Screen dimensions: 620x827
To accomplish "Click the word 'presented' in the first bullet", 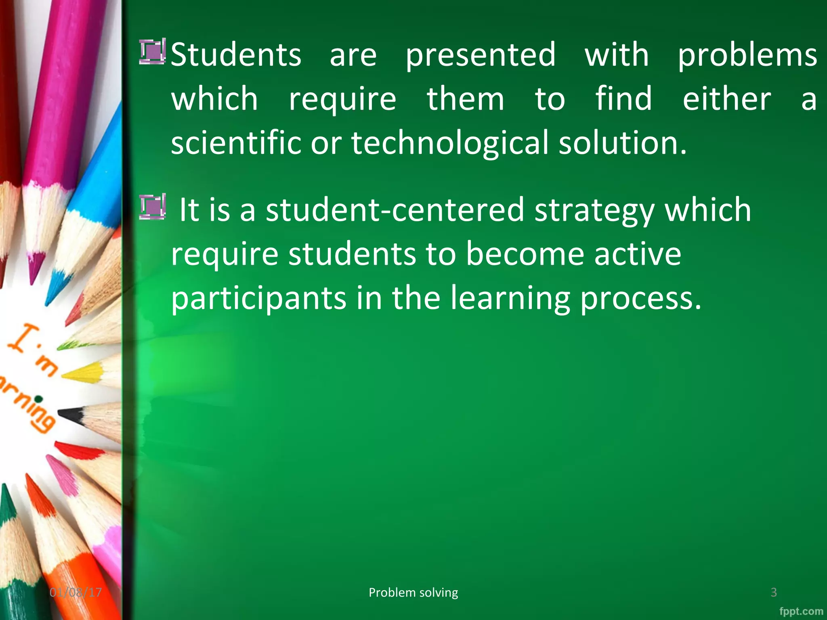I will coord(481,56).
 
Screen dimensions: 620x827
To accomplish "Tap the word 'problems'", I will coord(747,56).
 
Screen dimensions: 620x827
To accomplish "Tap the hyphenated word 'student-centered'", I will coord(395,210).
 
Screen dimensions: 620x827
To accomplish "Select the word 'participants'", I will coord(258,299).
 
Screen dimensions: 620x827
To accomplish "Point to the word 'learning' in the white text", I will coord(510,299).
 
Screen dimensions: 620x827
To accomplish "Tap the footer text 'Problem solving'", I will coord(413,592).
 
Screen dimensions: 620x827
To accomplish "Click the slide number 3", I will coord(773,592).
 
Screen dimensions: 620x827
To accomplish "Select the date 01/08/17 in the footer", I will coord(76,592).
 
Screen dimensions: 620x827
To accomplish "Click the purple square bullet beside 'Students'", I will coord(152,52).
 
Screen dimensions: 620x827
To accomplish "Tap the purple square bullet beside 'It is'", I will coord(152,207).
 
